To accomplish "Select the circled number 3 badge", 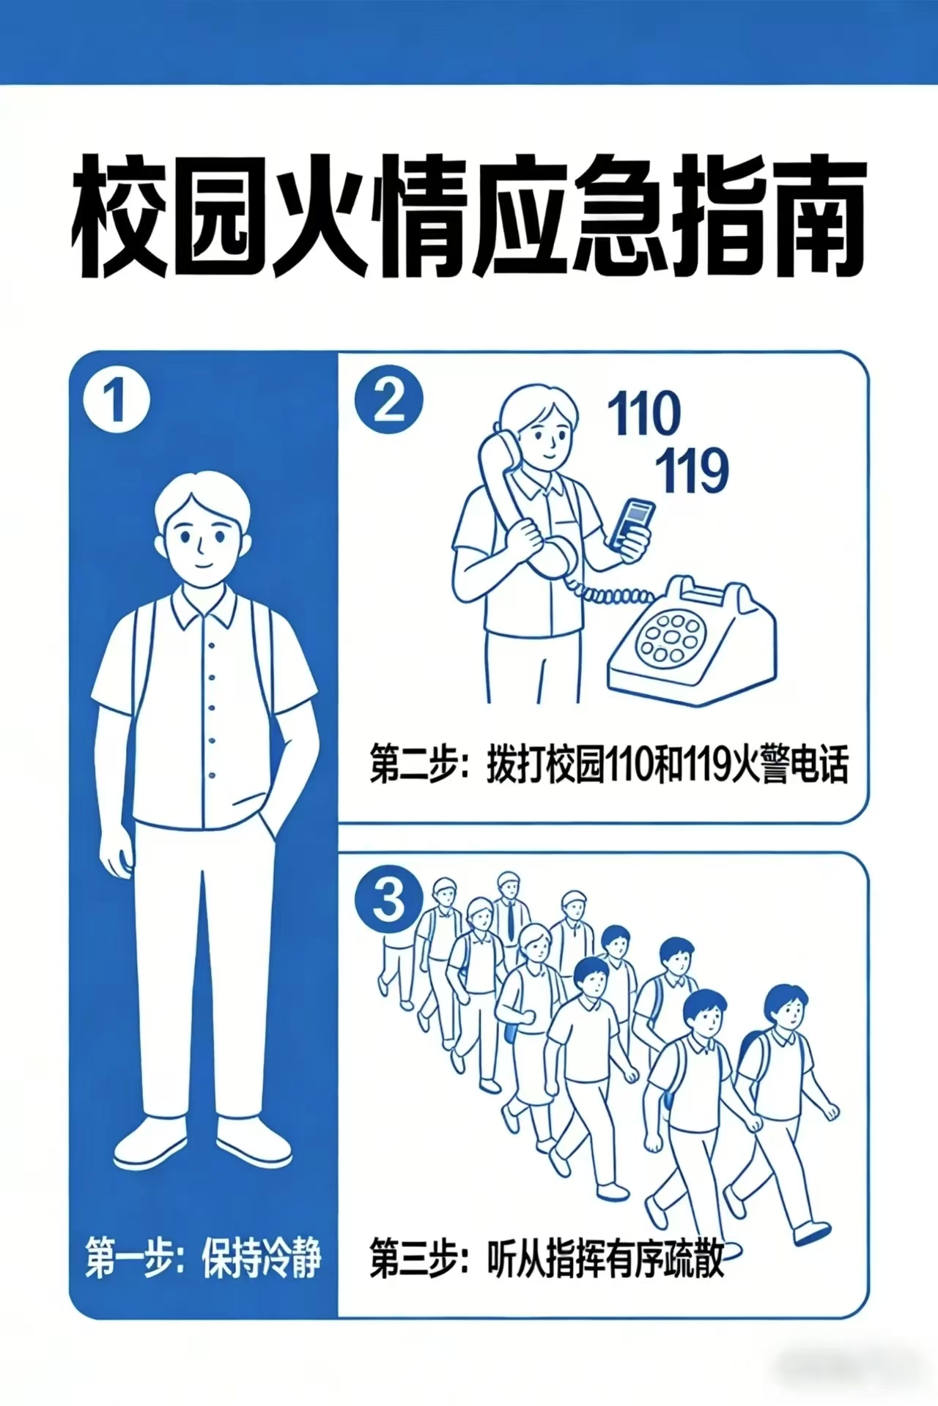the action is point(389,901).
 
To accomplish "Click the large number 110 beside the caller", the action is point(644,414).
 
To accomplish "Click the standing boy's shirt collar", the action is point(204,607).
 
